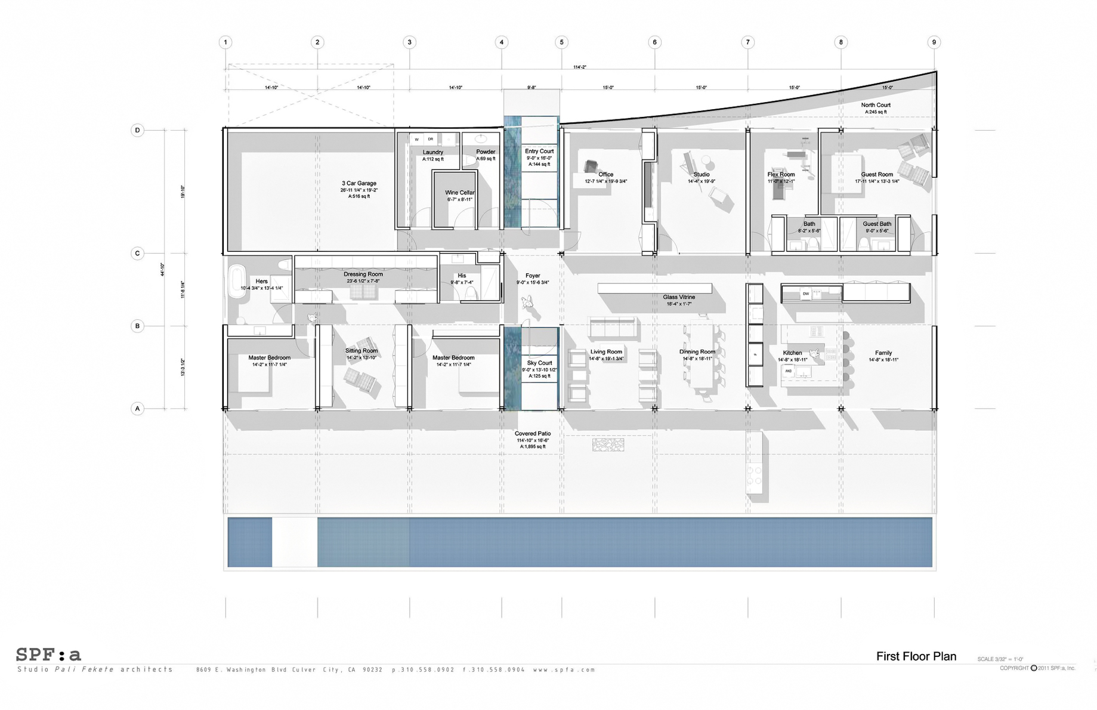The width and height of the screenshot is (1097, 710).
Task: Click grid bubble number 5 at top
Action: tap(561, 42)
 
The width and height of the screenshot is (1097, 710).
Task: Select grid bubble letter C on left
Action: tap(137, 254)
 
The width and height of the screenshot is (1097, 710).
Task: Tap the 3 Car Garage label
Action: tap(359, 184)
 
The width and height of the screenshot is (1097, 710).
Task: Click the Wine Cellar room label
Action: tap(459, 193)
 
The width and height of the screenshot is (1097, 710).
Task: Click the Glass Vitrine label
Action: tap(679, 297)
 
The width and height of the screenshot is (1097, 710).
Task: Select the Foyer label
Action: tap(533, 276)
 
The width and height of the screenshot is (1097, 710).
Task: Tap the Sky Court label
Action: tap(539, 363)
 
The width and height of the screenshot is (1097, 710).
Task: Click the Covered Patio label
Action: tap(533, 434)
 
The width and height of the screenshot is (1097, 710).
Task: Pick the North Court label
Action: tap(876, 105)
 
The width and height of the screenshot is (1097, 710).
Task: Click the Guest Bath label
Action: tap(877, 224)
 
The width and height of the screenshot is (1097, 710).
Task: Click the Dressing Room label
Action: tap(363, 274)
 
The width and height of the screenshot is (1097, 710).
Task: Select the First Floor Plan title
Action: tap(916, 656)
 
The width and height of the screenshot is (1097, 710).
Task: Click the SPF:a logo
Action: tap(48, 655)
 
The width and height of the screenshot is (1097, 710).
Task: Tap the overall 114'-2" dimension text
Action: tap(579, 67)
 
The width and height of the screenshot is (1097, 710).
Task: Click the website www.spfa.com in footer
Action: tap(564, 670)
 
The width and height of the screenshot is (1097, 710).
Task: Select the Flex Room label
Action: tap(781, 175)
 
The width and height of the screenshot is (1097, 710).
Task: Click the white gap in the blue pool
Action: tap(295, 542)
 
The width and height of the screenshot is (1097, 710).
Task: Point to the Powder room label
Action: tap(486, 152)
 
